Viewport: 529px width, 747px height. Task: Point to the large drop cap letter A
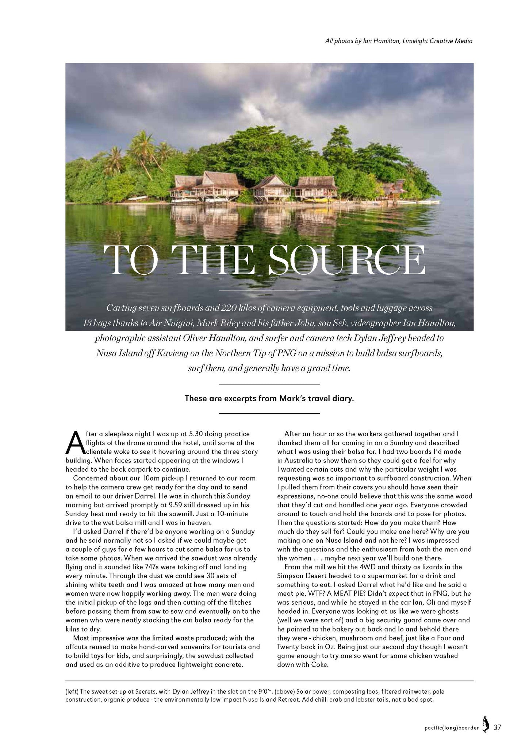[x=74, y=442]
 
